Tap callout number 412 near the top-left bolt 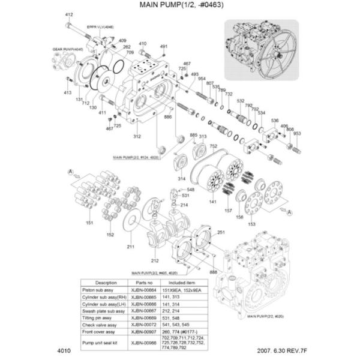[x=69, y=14]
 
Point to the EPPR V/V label [x=100, y=28]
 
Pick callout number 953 [x=296, y=134]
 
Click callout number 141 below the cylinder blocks [x=212, y=202]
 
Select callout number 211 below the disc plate [x=130, y=247]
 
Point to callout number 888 [x=214, y=272]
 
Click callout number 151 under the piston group [x=89, y=223]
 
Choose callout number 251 [x=221, y=232]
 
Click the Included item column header [x=191, y=282]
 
